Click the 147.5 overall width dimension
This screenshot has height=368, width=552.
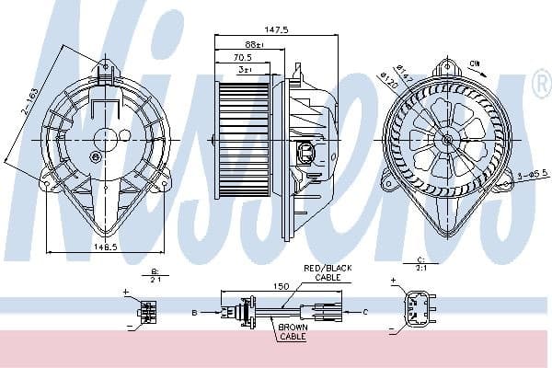click(x=253, y=29)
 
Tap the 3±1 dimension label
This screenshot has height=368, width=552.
click(x=246, y=69)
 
